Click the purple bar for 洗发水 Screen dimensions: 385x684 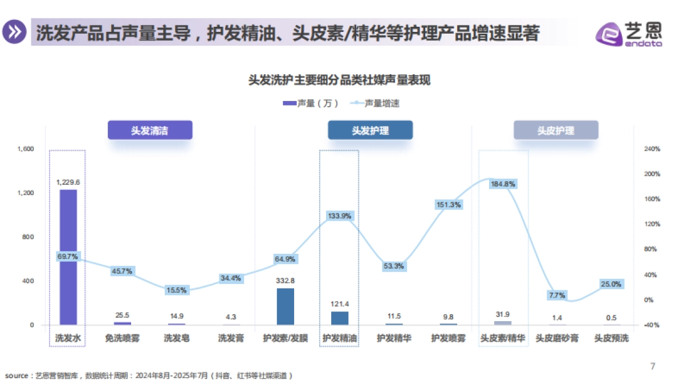[x=68, y=257]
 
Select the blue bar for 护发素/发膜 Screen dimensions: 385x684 [x=285, y=307]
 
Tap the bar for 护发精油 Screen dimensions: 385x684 [x=340, y=318]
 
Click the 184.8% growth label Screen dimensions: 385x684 [x=503, y=184]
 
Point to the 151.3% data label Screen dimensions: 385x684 [x=449, y=205]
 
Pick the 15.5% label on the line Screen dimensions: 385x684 [x=177, y=290]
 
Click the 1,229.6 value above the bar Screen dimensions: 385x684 [x=68, y=182]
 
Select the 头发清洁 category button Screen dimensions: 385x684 [x=150, y=130]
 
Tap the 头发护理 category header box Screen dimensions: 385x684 [x=370, y=130]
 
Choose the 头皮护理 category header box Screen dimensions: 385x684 [x=556, y=130]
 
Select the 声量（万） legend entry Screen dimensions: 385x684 [x=311, y=103]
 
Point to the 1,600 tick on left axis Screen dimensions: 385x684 [x=26, y=149]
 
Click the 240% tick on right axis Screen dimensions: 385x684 [x=652, y=149]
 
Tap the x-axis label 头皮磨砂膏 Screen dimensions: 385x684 [x=557, y=338]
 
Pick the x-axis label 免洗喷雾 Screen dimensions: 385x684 [x=123, y=338]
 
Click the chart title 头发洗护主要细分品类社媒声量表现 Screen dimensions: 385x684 [x=339, y=80]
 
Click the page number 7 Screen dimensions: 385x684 [x=653, y=366]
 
